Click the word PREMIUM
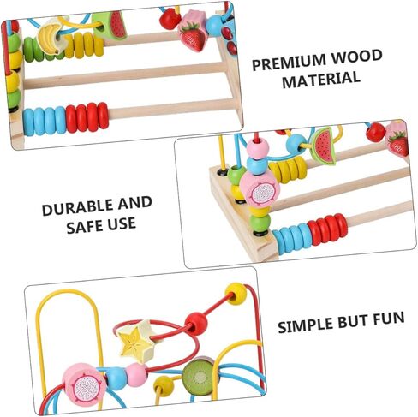click(x=289, y=63)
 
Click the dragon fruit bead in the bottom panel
click(x=86, y=384)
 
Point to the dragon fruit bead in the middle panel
click(x=260, y=189)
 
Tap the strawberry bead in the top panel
click(x=192, y=36)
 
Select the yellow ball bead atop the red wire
click(x=236, y=294)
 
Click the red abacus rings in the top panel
click(x=87, y=117)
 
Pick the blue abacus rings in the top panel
click(x=45, y=122)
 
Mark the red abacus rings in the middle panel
click(x=327, y=229)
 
